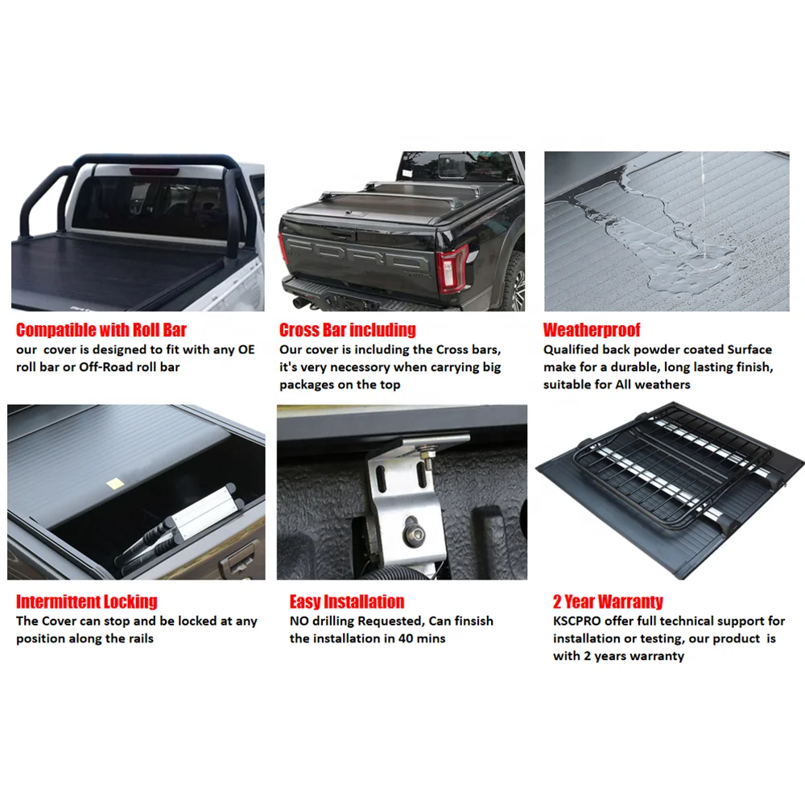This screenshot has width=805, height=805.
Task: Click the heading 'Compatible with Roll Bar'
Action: click(x=101, y=330)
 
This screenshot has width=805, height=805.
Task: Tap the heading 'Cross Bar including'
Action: click(x=347, y=330)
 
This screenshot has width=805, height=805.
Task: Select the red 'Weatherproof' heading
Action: click(x=592, y=330)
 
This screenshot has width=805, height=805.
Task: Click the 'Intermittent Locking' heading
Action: click(x=86, y=601)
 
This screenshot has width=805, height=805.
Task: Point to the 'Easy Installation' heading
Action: click(x=347, y=601)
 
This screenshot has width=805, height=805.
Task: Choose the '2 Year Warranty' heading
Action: click(x=608, y=601)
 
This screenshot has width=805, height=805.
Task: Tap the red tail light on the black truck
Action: click(x=452, y=268)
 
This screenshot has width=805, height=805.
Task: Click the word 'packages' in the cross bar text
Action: click(x=306, y=385)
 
